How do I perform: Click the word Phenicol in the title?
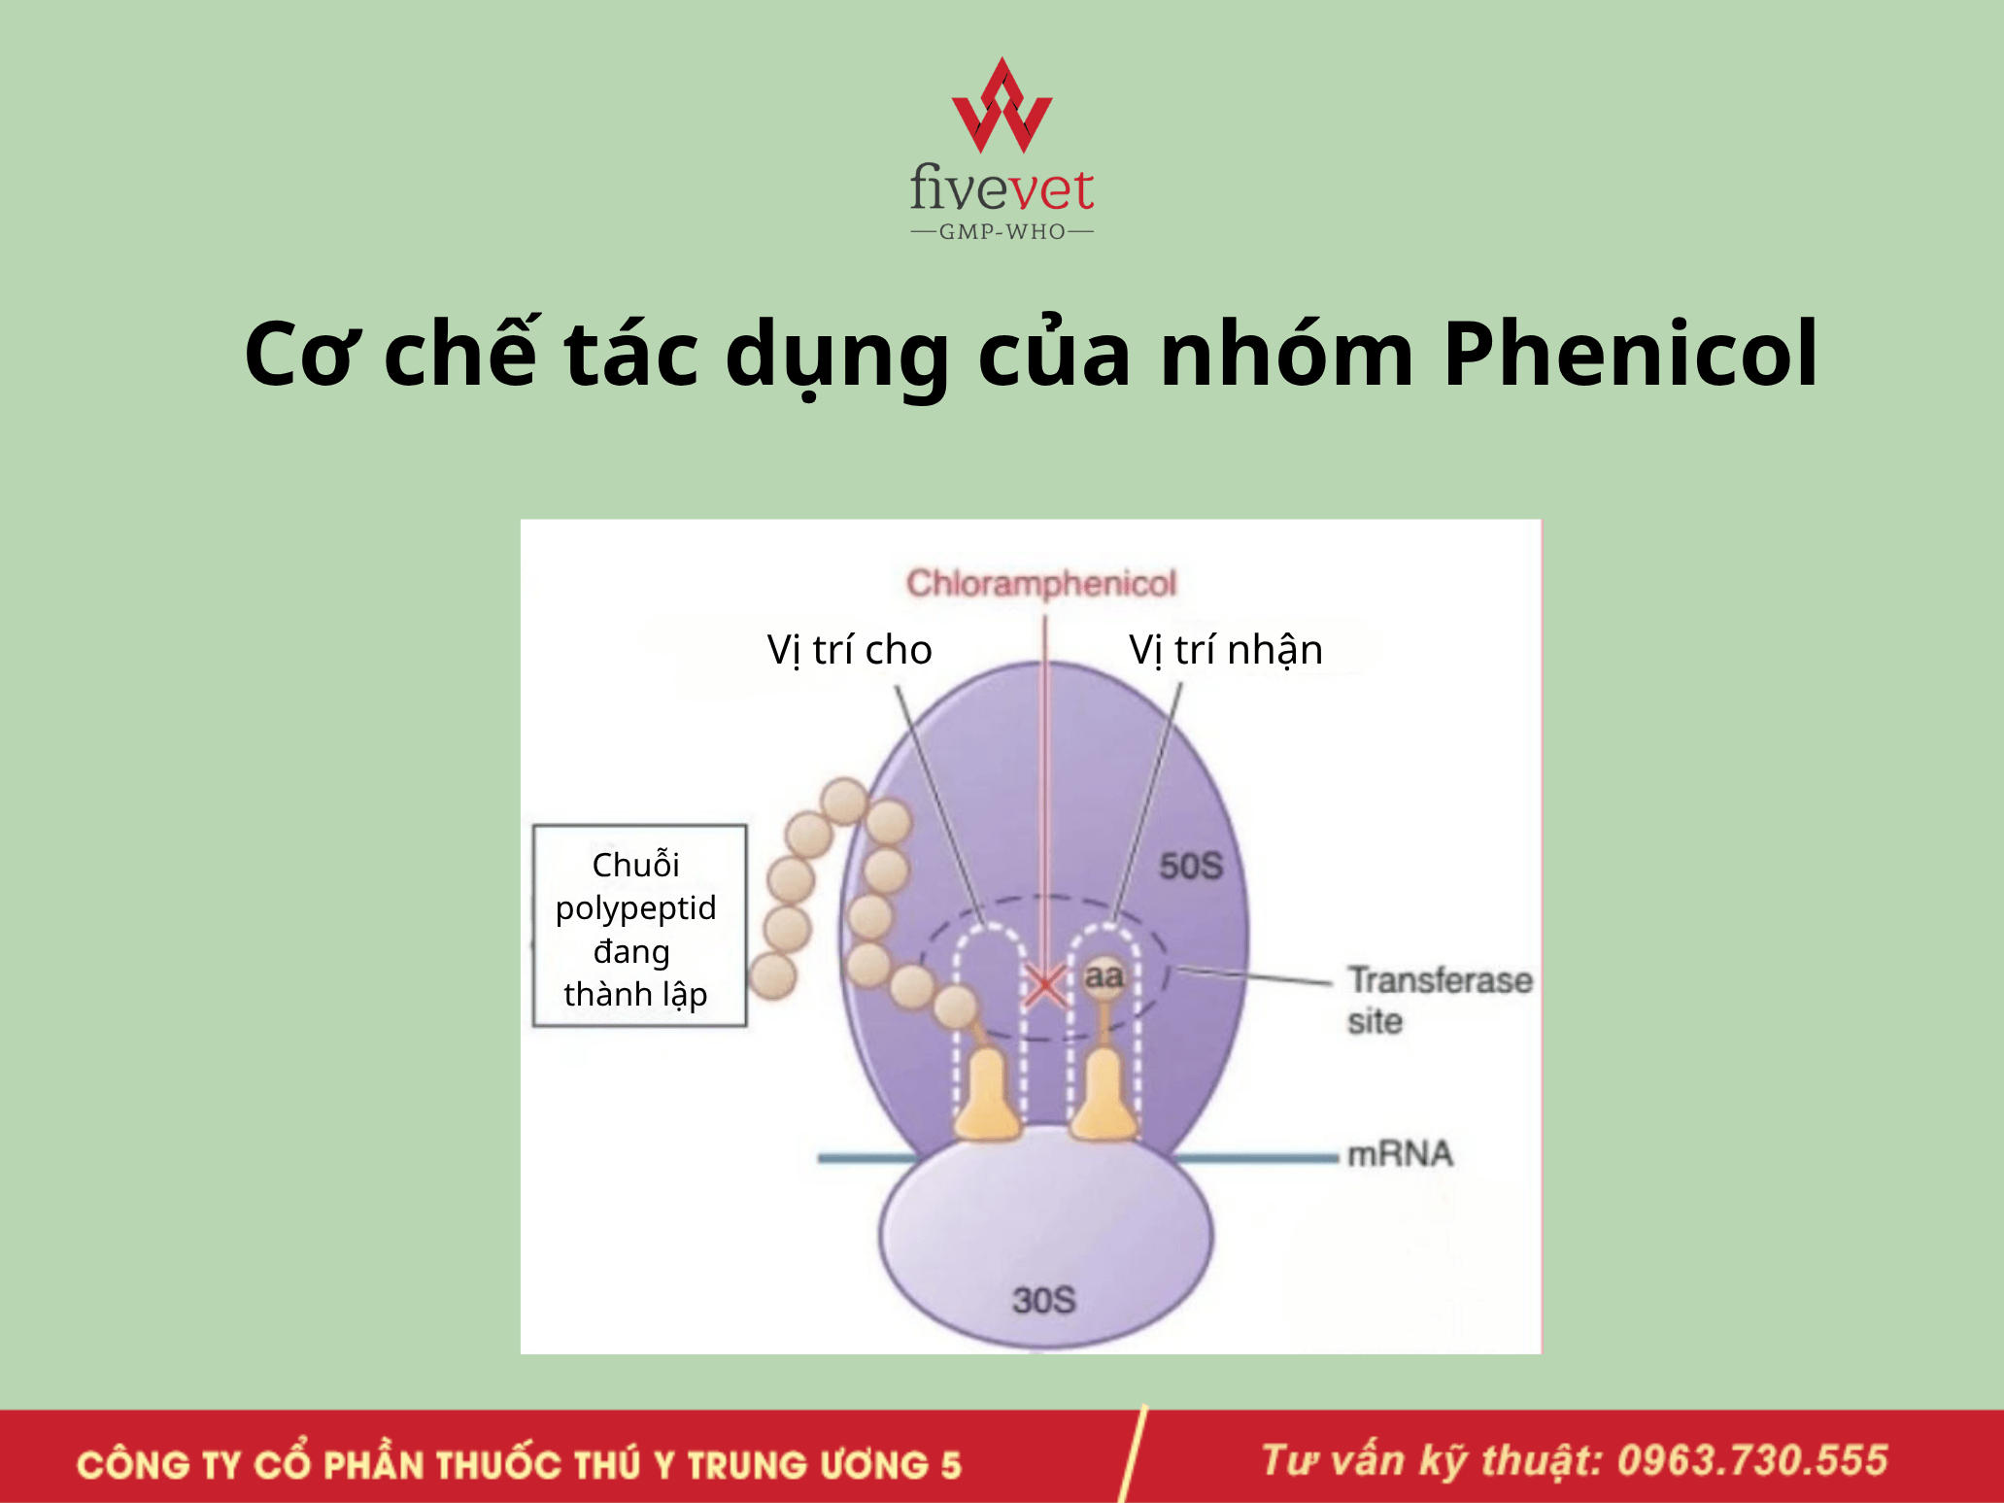click(x=1630, y=354)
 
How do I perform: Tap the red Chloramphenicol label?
click(x=1041, y=583)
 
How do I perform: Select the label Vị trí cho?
click(x=849, y=650)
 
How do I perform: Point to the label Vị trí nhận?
click(x=1226, y=650)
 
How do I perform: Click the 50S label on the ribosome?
click(x=1191, y=866)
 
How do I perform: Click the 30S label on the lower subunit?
click(x=1044, y=1300)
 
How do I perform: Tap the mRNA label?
click(x=1400, y=1154)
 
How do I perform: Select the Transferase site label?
click(x=1440, y=1000)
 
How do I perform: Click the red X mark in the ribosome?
click(x=1045, y=986)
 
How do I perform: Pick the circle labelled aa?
click(x=1104, y=976)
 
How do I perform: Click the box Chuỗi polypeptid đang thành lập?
click(x=639, y=926)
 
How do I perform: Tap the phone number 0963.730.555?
click(x=1752, y=1460)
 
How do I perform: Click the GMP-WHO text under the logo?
click(x=1002, y=232)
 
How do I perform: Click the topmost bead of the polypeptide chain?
click(x=844, y=802)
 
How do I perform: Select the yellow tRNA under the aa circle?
click(x=1104, y=1093)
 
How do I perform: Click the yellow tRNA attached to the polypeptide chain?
click(x=987, y=1093)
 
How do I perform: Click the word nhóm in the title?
click(x=1286, y=354)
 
